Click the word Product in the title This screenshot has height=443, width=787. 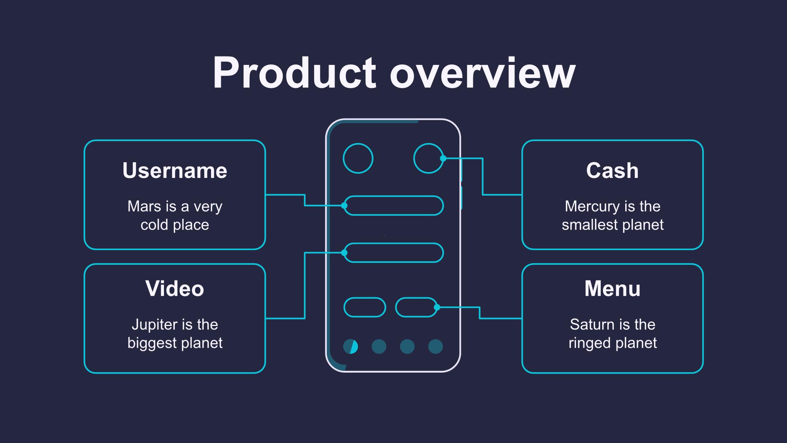[x=294, y=73]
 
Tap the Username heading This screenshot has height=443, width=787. [x=175, y=171]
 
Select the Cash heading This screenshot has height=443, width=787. [x=612, y=171]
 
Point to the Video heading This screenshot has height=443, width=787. [x=175, y=289]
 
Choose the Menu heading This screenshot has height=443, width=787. [x=612, y=289]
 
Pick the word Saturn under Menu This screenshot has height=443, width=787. [x=587, y=325]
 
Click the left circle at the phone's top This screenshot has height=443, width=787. [x=358, y=158]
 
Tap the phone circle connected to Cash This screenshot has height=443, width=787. [x=428, y=158]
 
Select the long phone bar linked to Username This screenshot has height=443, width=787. [x=394, y=206]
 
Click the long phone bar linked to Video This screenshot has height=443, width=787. [x=394, y=253]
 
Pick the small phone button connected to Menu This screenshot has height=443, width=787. [x=416, y=307]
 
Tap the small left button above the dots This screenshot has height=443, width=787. [x=365, y=307]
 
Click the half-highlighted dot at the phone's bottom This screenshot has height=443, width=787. [x=351, y=346]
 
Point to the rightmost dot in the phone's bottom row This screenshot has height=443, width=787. [x=435, y=346]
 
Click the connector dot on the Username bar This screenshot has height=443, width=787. [x=344, y=206]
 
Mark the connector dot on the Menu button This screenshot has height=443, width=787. [x=437, y=307]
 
